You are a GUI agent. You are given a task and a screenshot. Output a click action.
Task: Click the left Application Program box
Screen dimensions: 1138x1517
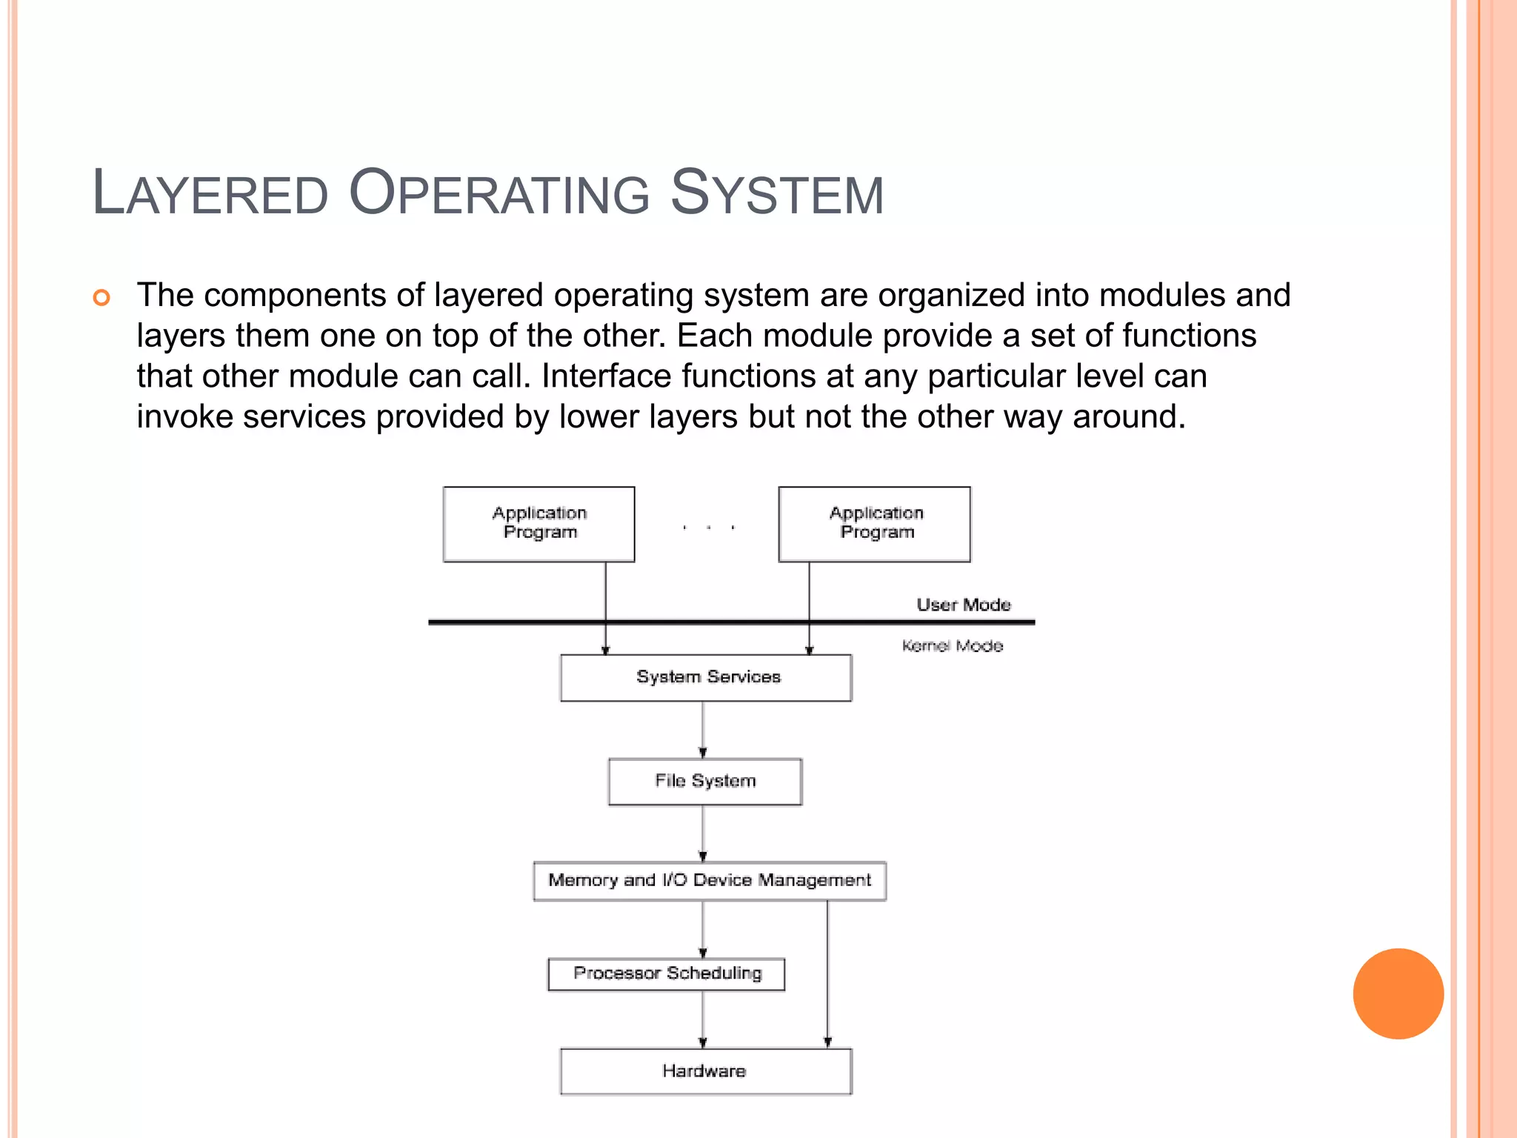(x=539, y=524)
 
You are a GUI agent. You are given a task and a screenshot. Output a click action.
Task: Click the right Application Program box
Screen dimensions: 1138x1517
(x=874, y=524)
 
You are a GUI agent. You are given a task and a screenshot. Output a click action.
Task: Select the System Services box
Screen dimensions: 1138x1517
(x=706, y=677)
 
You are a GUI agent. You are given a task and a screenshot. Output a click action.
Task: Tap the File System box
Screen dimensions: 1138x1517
(x=704, y=781)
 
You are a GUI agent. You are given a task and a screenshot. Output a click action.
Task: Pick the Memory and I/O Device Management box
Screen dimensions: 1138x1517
(x=709, y=880)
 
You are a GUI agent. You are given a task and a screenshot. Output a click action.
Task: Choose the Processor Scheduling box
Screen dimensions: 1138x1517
(x=666, y=974)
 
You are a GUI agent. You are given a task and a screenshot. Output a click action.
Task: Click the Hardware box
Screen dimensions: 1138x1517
(x=705, y=1071)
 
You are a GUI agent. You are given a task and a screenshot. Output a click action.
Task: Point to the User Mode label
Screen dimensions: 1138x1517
(x=963, y=605)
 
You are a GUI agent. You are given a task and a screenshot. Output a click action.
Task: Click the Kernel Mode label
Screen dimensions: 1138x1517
(x=952, y=646)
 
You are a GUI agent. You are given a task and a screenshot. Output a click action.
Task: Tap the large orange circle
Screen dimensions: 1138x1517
(x=1398, y=994)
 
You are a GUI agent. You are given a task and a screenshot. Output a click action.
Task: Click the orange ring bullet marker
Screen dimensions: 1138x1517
(x=101, y=298)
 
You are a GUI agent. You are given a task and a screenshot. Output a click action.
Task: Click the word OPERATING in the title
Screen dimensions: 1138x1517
(x=499, y=193)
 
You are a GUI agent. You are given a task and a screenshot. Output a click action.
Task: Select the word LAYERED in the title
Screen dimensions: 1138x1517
(x=210, y=193)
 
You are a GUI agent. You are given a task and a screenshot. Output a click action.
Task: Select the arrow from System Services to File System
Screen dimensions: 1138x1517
(x=703, y=729)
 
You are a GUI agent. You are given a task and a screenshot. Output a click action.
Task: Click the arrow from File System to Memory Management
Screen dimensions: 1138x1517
(x=703, y=833)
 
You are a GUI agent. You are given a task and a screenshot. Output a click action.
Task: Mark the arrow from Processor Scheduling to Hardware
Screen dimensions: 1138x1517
(x=703, y=1019)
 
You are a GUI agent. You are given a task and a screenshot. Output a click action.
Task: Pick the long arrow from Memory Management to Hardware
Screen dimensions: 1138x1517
(x=827, y=974)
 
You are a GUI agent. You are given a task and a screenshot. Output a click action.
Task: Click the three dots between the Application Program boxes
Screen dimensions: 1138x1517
(x=708, y=528)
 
